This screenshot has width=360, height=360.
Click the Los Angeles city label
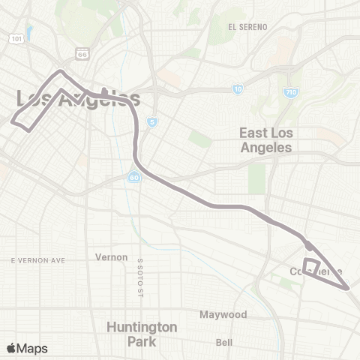click(x=78, y=99)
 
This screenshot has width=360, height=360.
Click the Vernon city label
click(x=112, y=257)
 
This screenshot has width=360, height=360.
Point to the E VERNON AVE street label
click(x=38, y=260)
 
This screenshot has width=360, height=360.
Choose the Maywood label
click(x=223, y=314)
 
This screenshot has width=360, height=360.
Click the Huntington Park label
click(x=142, y=334)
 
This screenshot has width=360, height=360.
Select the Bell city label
click(x=223, y=343)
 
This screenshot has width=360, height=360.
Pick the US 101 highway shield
click(x=16, y=37)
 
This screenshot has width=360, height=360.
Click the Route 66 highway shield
click(x=82, y=52)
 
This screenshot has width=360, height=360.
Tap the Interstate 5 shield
click(x=152, y=122)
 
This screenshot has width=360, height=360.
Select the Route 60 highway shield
click(x=133, y=177)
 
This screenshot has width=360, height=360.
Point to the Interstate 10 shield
click(x=238, y=89)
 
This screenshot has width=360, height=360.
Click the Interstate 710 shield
click(x=292, y=93)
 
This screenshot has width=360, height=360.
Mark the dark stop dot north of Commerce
click(x=308, y=245)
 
